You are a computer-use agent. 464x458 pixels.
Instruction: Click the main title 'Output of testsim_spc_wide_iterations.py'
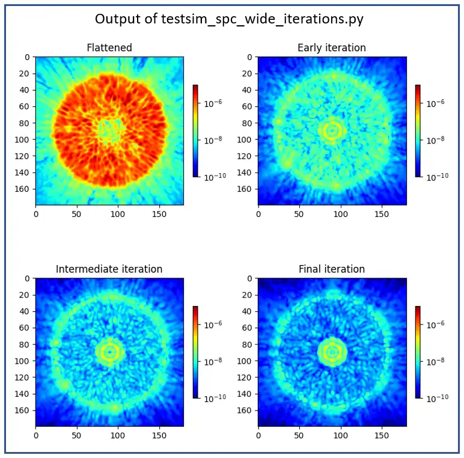229,19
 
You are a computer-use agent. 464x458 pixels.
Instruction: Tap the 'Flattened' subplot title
109,48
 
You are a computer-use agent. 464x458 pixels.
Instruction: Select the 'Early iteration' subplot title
331,48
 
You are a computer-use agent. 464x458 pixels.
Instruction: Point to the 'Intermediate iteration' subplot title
109,269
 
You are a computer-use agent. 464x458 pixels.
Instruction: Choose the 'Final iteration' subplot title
331,269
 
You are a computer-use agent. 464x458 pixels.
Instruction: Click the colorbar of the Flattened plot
195,130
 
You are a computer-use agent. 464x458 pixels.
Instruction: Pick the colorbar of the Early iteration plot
418,130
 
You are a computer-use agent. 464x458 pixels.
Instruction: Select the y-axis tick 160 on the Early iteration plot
246,189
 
